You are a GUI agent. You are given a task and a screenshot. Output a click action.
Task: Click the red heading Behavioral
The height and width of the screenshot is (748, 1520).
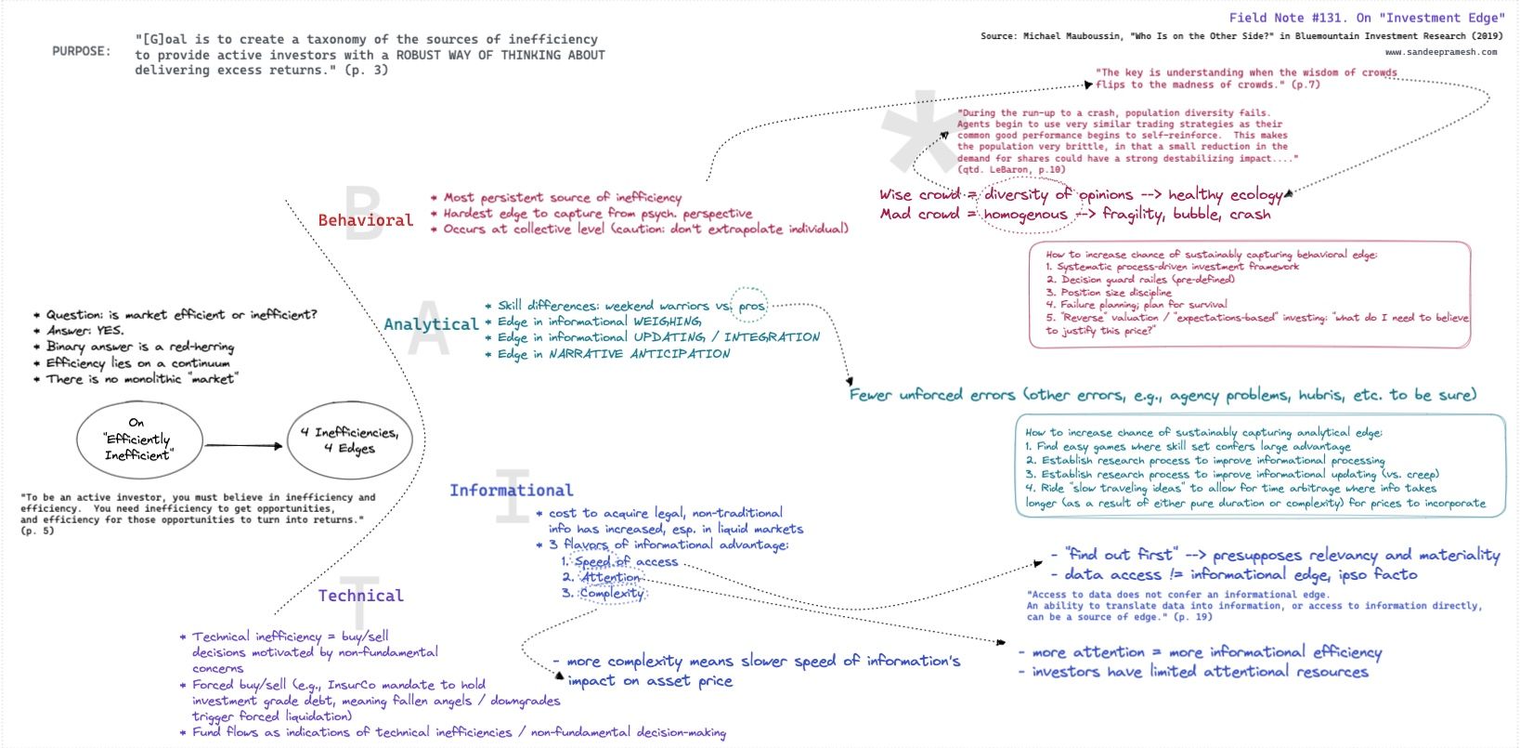[x=365, y=220]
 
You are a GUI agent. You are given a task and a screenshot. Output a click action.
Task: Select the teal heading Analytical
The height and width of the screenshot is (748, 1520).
[x=431, y=324]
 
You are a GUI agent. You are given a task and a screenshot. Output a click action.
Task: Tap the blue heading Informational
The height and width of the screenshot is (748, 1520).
[x=511, y=491]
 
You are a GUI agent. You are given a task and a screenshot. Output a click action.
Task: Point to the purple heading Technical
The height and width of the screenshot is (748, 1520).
[x=360, y=596]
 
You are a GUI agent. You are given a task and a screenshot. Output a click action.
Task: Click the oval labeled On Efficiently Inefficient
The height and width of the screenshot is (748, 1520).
[x=137, y=440]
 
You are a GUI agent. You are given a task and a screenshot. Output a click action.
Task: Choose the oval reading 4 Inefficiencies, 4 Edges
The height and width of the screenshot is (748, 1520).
[x=349, y=440]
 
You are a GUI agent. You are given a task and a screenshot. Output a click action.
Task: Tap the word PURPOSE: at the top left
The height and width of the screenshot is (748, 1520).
[x=82, y=51]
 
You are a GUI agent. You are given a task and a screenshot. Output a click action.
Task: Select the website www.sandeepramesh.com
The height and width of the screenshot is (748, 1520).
[x=1441, y=52]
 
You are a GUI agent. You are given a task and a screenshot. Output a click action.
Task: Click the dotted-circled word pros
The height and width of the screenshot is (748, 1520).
[x=751, y=306]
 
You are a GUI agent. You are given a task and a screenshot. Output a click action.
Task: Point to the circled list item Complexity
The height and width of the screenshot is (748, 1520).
[x=612, y=593]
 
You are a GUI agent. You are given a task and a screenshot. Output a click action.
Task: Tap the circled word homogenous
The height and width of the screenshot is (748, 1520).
[x=1025, y=215]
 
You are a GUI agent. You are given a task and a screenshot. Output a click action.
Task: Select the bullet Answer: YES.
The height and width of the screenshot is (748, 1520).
[x=84, y=331]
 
